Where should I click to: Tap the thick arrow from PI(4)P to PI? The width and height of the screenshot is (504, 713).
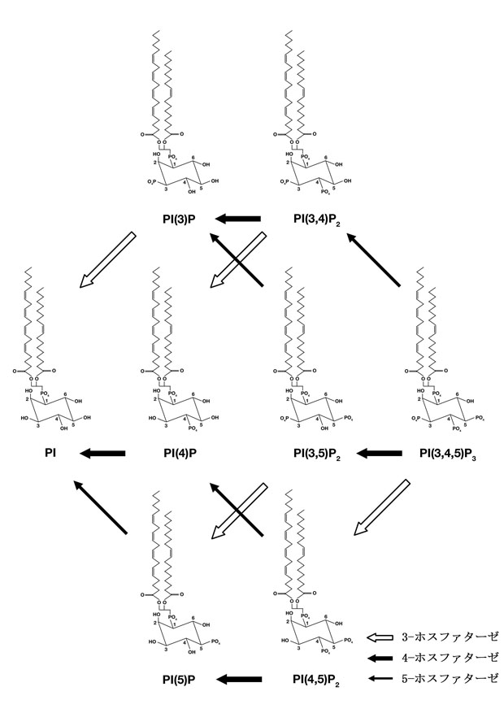(x=102, y=452)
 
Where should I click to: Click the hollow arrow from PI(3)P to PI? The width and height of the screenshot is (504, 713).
(x=107, y=259)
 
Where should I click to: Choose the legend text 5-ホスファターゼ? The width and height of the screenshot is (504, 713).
(x=450, y=677)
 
